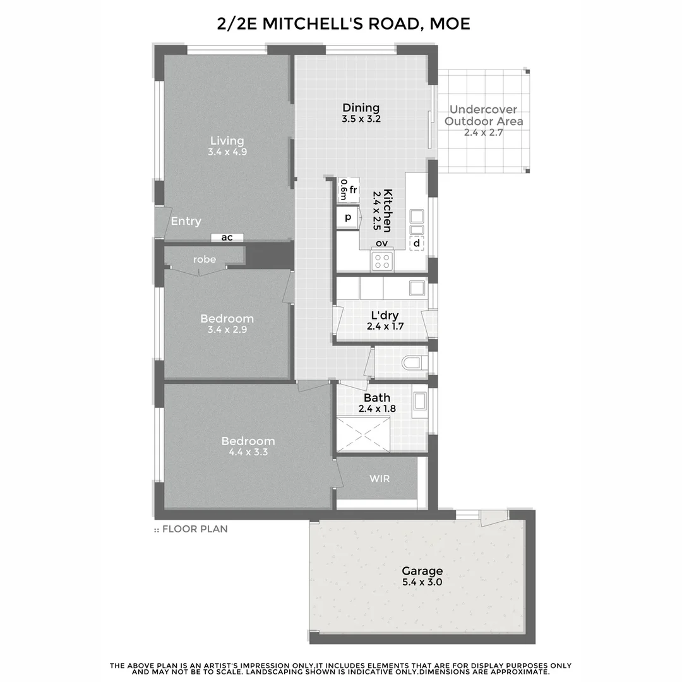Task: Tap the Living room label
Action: click(227, 141)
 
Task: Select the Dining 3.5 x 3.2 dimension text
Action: click(361, 119)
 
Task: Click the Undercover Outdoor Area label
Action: click(484, 116)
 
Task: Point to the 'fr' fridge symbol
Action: click(352, 190)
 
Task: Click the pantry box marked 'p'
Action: click(347, 218)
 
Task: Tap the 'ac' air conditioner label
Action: click(227, 237)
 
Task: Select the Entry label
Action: click(186, 221)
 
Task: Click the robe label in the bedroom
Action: click(205, 259)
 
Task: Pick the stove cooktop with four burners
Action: click(381, 261)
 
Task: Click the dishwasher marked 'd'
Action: click(416, 243)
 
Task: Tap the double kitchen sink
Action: click(416, 222)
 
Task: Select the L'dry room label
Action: click(385, 315)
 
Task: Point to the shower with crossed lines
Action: click(362, 434)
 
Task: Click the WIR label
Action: click(380, 479)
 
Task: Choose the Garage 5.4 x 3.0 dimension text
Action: click(422, 582)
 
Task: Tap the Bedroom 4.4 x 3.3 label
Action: click(248, 452)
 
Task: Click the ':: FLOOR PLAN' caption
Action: click(191, 529)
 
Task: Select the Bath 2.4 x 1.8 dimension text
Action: click(376, 409)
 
